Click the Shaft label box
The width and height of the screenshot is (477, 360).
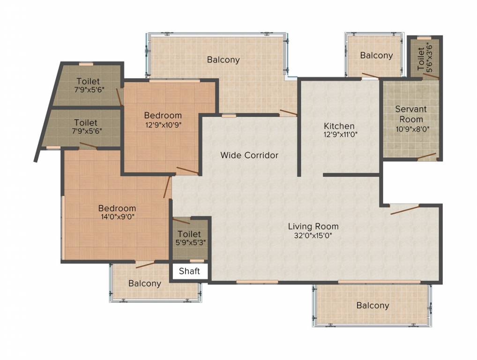(189, 271)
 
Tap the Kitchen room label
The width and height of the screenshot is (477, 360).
(339, 126)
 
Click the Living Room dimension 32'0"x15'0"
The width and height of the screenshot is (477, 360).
(313, 236)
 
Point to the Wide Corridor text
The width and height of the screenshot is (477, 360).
(249, 155)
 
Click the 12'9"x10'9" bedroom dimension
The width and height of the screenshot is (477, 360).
(163, 125)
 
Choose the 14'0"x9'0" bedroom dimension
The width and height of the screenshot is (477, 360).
(117, 217)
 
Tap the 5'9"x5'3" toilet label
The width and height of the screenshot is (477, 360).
(189, 242)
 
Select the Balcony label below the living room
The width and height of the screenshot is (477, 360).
(373, 306)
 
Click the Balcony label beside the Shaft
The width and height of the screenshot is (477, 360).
(145, 284)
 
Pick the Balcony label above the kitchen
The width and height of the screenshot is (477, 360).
(376, 55)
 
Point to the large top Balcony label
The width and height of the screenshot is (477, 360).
(224, 60)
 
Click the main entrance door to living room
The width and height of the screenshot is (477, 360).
(405, 210)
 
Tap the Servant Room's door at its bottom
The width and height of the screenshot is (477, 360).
(426, 157)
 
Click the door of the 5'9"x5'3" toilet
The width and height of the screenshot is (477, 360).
(181, 220)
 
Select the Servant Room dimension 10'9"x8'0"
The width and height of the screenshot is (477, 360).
(410, 128)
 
